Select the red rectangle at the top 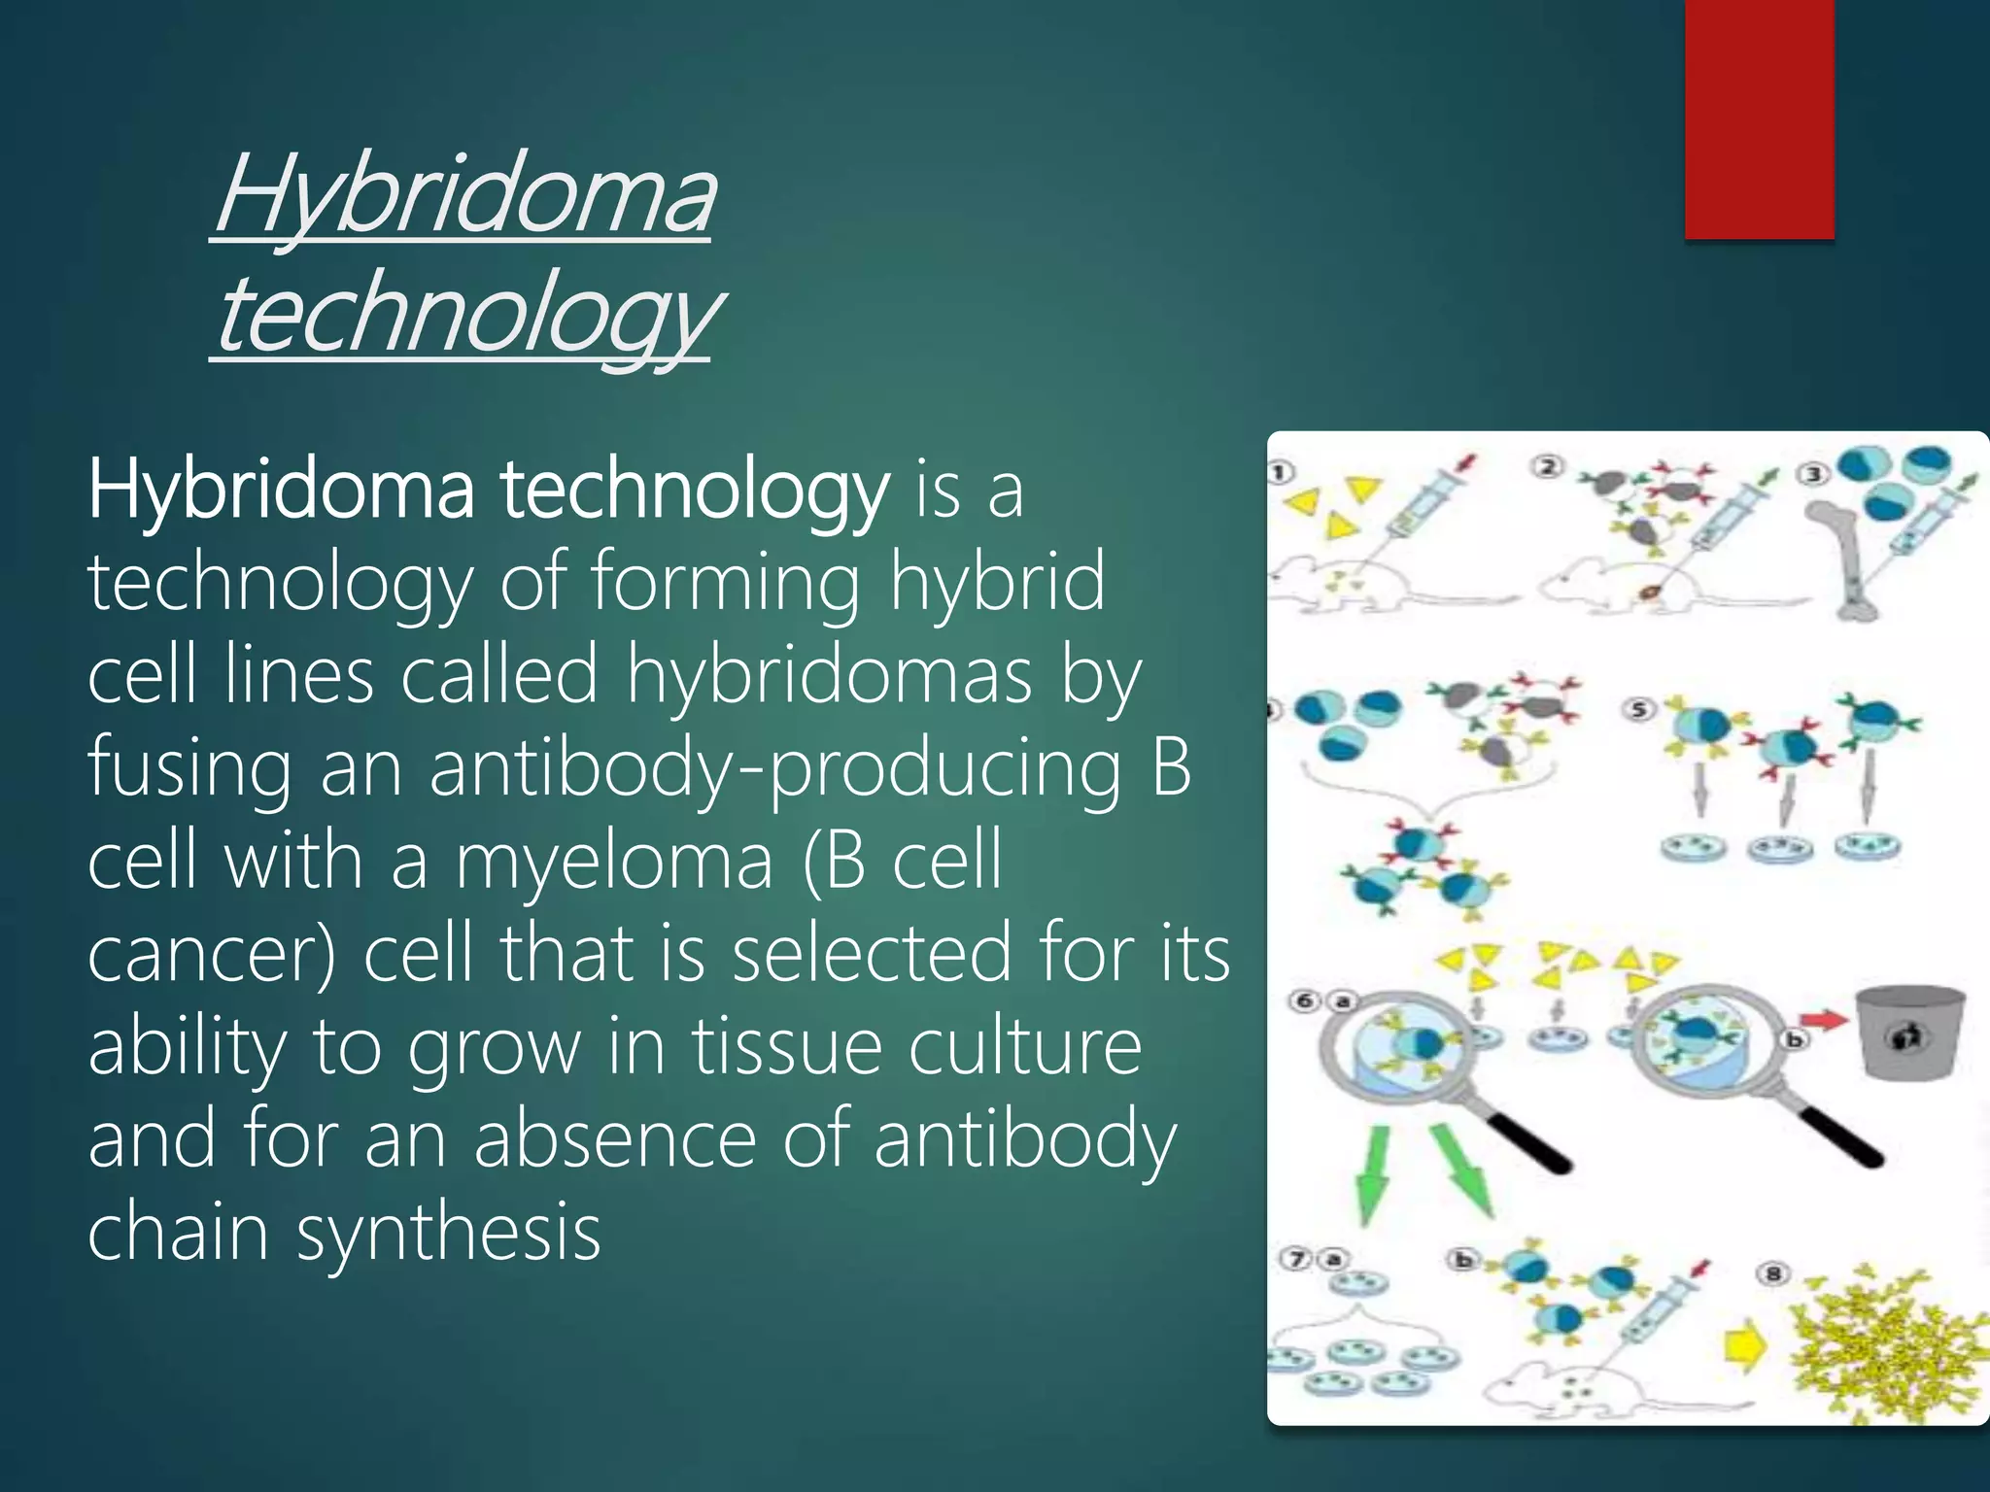[x=1759, y=119]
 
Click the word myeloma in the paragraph [x=614, y=861]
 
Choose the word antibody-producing [x=774, y=767]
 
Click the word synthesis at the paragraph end [x=448, y=1232]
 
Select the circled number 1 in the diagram [x=1282, y=473]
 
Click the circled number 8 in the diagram [x=1773, y=1273]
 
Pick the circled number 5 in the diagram [x=1638, y=709]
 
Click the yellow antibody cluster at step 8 [x=1880, y=1345]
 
